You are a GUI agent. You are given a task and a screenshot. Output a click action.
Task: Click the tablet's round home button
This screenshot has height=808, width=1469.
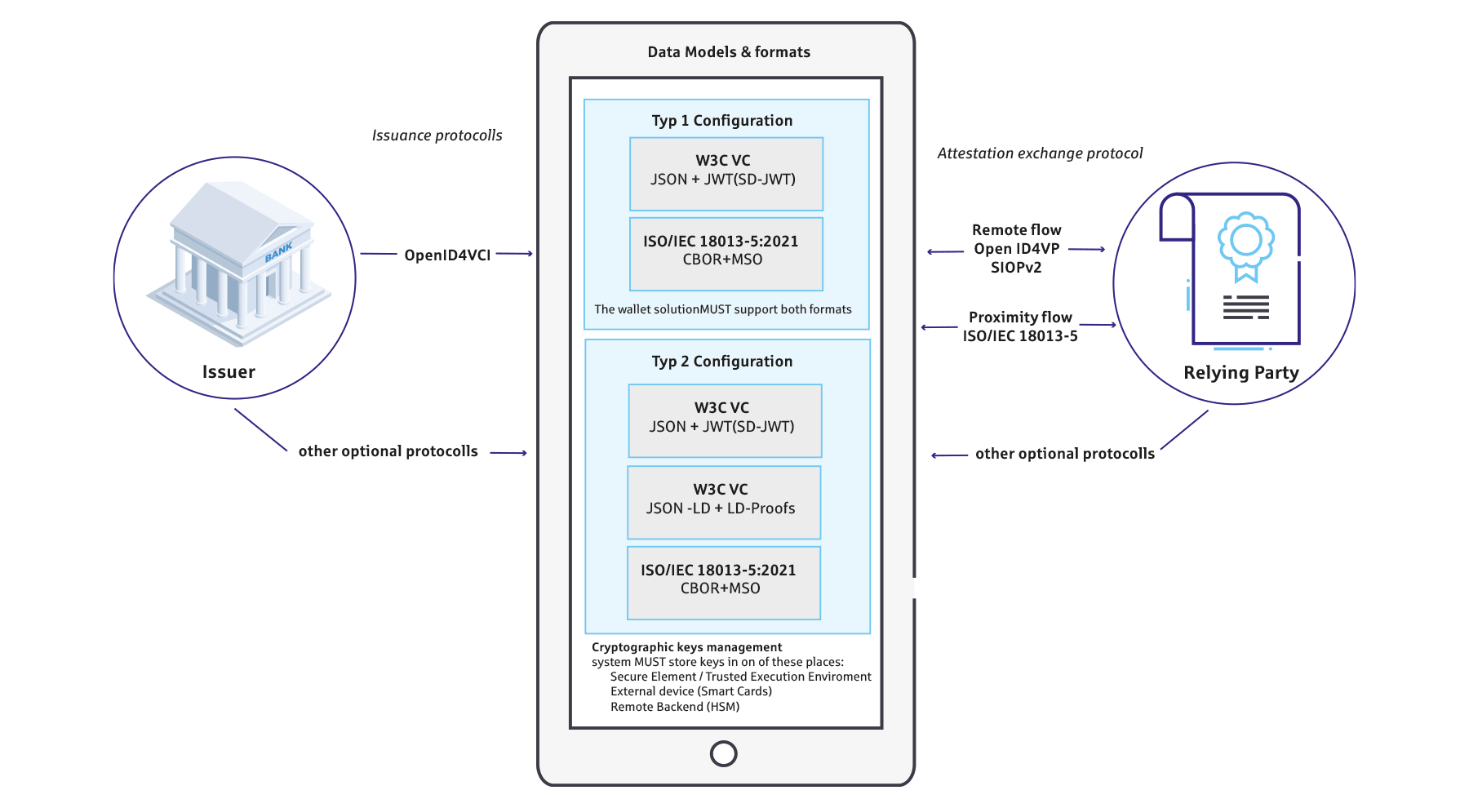[724, 753]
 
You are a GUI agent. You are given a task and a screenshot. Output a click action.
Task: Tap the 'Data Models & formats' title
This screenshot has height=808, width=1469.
[729, 52]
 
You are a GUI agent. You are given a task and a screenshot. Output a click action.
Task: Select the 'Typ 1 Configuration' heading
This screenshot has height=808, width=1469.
[722, 121]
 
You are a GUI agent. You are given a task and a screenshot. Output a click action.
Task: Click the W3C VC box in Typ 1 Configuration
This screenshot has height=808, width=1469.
[726, 174]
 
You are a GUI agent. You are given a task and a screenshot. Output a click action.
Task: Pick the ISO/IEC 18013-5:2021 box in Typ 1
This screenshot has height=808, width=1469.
[726, 254]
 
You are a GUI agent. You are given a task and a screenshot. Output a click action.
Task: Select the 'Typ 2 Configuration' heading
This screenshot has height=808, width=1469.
[722, 362]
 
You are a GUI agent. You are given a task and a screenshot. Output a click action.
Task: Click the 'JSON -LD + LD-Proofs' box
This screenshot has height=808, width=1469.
[724, 503]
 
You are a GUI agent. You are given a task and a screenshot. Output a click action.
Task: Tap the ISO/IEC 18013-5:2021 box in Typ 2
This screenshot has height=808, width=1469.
[724, 583]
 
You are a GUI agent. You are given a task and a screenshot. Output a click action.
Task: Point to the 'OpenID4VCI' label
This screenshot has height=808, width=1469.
[447, 255]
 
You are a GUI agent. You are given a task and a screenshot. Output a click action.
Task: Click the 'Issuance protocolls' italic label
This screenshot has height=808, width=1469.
[437, 135]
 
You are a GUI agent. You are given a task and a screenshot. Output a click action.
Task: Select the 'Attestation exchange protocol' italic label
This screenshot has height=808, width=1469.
[1040, 153]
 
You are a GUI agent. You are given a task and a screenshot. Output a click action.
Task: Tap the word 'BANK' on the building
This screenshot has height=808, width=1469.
[278, 252]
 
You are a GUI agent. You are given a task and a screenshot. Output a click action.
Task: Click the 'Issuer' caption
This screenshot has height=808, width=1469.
[229, 372]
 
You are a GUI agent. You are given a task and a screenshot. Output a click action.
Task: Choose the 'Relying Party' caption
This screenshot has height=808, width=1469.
[1241, 373]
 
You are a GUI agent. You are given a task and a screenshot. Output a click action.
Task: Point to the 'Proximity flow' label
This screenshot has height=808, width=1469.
[1020, 317]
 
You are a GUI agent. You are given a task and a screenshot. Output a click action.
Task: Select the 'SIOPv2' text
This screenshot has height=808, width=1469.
[1016, 268]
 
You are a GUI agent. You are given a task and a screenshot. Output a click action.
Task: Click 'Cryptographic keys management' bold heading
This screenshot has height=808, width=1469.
[686, 647]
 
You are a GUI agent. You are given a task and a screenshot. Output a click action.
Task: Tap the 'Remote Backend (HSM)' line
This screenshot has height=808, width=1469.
[675, 707]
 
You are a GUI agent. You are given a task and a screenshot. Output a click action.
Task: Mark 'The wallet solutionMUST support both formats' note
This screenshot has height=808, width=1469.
[723, 309]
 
